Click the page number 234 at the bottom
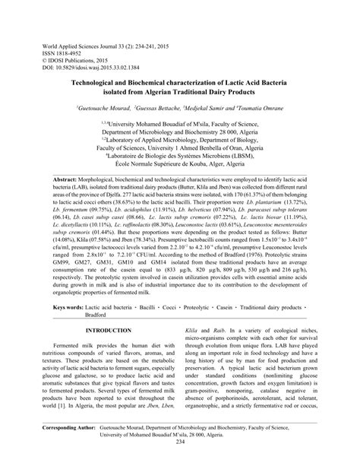coord(180,461)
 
